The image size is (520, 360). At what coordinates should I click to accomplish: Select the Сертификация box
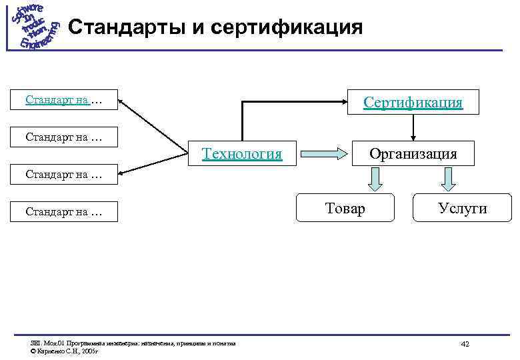pyautogui.click(x=413, y=102)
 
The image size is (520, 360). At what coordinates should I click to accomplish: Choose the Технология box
pyautogui.click(x=242, y=154)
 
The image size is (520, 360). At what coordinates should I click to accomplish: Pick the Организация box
pyautogui.click(x=413, y=154)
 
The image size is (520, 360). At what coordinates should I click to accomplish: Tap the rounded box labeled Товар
pyautogui.click(x=345, y=209)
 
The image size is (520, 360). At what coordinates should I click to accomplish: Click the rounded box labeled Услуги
pyautogui.click(x=463, y=209)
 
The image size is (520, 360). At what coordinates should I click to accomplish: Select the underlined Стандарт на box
pyautogui.click(x=64, y=101)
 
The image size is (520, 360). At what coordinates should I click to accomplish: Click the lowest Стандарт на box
pyautogui.click(x=64, y=212)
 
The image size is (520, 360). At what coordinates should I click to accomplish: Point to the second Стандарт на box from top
pyautogui.click(x=64, y=137)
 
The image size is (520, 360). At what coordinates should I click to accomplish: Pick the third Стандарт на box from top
pyautogui.click(x=64, y=175)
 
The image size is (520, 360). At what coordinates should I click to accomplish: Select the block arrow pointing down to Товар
pyautogui.click(x=376, y=179)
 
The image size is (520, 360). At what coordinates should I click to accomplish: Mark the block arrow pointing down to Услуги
pyautogui.click(x=448, y=179)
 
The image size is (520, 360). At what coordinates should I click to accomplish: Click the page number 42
pyautogui.click(x=465, y=343)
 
